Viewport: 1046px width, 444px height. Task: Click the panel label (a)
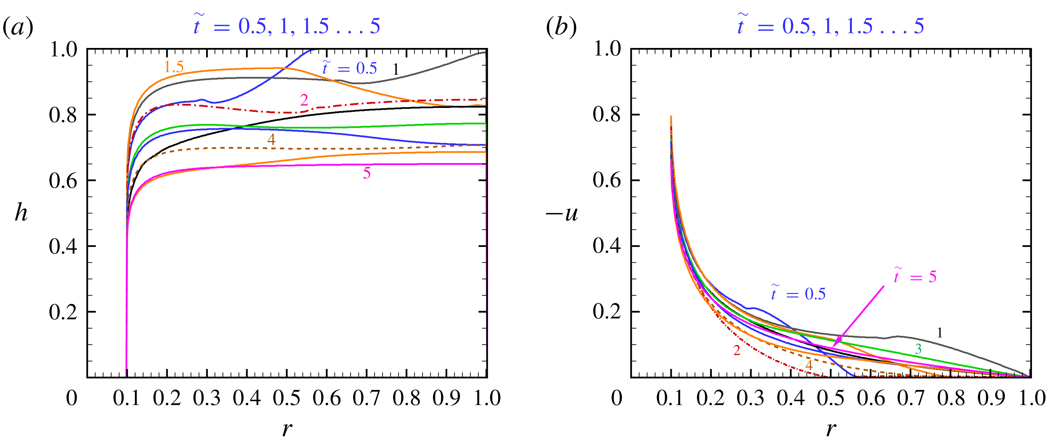click(18, 27)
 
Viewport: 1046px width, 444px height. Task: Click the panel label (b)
click(561, 27)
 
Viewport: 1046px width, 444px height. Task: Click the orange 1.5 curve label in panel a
click(174, 66)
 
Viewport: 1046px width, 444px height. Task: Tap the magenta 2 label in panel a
click(304, 100)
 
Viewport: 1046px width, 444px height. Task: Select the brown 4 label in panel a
click(271, 139)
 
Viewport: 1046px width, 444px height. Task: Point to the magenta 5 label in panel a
click(367, 173)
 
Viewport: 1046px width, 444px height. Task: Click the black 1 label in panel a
click(396, 70)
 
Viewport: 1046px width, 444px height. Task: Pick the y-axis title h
click(21, 213)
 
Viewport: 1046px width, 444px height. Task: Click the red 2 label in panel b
click(736, 350)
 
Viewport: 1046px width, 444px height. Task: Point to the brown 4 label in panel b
click(808, 365)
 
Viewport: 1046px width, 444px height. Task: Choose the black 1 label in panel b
click(939, 333)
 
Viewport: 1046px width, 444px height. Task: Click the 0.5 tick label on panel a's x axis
click(287, 398)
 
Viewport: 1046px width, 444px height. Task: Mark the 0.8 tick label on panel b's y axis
click(607, 115)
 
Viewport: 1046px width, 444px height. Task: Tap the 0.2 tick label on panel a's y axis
click(63, 312)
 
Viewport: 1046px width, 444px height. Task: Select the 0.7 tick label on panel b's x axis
click(911, 398)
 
